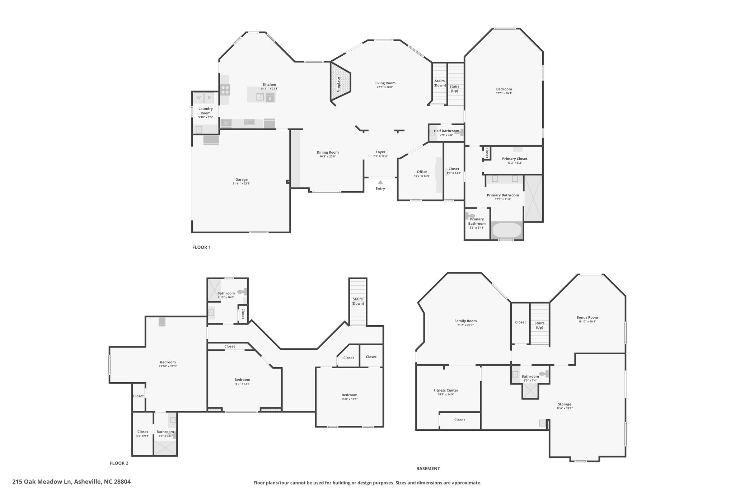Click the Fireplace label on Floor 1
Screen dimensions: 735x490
(x=338, y=85)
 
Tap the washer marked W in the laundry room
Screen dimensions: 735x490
(x=198, y=98)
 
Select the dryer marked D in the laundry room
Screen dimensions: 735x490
(x=209, y=98)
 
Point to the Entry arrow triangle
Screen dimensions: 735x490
(x=380, y=182)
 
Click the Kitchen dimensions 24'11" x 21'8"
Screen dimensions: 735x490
(x=270, y=89)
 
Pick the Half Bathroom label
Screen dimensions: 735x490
(x=446, y=131)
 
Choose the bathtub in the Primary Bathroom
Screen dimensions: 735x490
(x=506, y=230)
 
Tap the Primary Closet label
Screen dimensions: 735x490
(x=515, y=159)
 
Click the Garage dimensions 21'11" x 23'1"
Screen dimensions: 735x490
(x=242, y=183)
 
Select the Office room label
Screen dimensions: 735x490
(x=422, y=172)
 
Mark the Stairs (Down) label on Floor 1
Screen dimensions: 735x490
(x=440, y=83)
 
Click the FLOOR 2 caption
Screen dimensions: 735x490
(x=119, y=463)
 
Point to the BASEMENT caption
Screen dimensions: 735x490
(x=428, y=468)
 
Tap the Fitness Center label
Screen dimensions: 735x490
(x=446, y=390)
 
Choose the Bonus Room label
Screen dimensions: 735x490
(x=587, y=317)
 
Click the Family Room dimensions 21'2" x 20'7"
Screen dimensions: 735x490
(x=465, y=325)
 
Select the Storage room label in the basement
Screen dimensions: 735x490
(x=565, y=404)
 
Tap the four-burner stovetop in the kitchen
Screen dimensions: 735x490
(x=225, y=90)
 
